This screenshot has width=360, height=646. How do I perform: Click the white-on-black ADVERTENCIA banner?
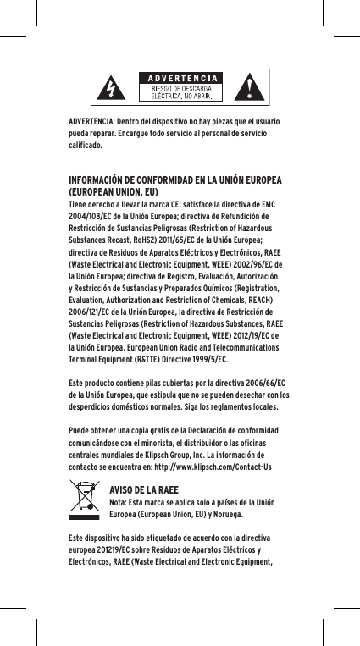click(182, 78)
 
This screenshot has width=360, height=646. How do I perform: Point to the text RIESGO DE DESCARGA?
click(182, 87)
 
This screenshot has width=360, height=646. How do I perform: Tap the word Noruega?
click(222, 513)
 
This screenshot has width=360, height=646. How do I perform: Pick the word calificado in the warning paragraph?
click(87, 145)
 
